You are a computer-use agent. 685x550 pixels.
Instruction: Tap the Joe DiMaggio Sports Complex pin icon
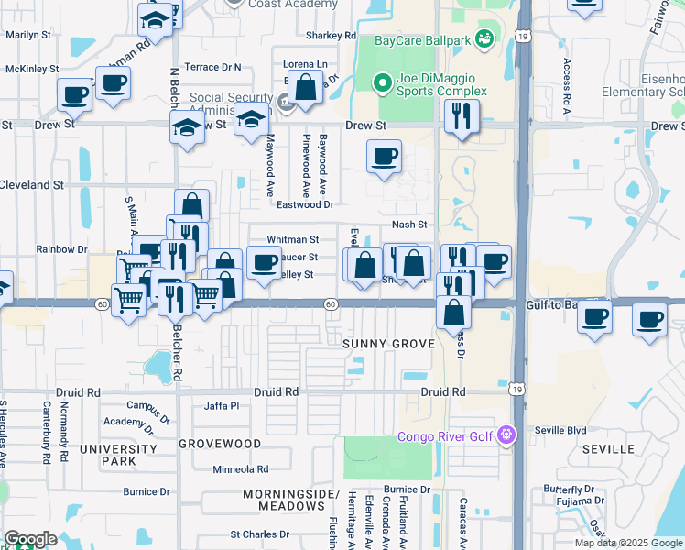tap(384, 84)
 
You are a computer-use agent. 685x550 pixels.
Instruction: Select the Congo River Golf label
tap(446, 436)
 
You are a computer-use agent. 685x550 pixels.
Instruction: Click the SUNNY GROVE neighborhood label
tap(381, 343)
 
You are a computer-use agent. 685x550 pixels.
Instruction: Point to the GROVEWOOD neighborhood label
tap(220, 443)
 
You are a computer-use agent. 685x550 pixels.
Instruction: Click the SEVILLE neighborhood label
tap(608, 449)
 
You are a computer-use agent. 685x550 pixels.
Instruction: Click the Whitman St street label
tap(292, 239)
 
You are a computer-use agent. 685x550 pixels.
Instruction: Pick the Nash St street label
tap(409, 225)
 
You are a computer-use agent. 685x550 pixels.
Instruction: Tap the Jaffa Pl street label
tap(221, 405)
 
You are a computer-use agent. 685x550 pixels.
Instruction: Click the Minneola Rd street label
tap(240, 469)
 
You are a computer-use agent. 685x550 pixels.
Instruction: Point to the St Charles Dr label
tap(259, 533)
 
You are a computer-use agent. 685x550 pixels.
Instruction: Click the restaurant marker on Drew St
tap(461, 116)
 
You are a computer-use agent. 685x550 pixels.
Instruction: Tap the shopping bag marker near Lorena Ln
tap(307, 89)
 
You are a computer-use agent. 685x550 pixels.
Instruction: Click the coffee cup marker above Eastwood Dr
tap(385, 156)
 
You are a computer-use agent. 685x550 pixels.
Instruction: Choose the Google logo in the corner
tap(30, 539)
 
